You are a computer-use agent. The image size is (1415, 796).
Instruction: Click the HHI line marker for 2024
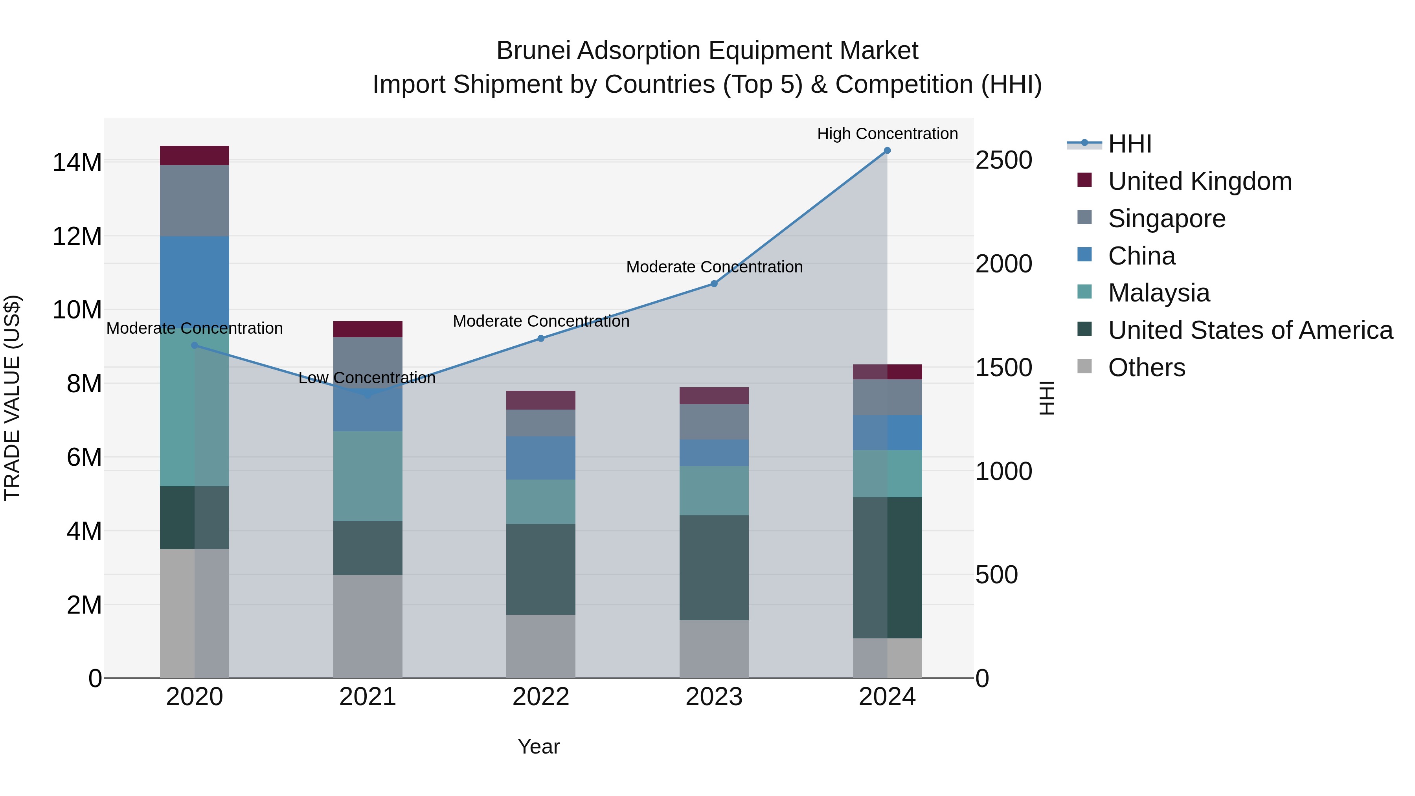(x=887, y=151)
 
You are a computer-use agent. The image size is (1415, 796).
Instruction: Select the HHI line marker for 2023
(x=714, y=283)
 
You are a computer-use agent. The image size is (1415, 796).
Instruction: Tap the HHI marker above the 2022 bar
(x=540, y=338)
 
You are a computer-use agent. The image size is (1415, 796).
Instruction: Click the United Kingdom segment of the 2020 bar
(x=195, y=155)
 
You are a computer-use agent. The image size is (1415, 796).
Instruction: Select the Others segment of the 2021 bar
(x=368, y=626)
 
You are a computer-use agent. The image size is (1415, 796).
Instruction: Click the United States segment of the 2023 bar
(x=714, y=568)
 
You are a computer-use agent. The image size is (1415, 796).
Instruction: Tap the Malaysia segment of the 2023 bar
(x=714, y=491)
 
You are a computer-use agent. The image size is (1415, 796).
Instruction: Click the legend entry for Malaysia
(x=1158, y=293)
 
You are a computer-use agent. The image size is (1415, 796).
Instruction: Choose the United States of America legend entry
(x=1250, y=330)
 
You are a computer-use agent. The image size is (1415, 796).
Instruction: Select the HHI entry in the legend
(x=1129, y=144)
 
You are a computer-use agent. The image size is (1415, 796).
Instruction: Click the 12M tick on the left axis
(x=77, y=237)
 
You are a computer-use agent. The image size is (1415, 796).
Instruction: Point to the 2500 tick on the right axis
(x=1003, y=160)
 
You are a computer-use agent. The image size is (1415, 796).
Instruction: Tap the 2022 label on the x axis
(x=540, y=697)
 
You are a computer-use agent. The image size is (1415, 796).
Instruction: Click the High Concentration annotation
(x=887, y=134)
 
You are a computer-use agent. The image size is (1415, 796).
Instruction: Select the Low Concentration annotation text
(x=367, y=378)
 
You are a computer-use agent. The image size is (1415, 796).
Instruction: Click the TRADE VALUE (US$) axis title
(x=12, y=398)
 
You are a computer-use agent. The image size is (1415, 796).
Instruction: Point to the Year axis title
(x=538, y=746)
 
